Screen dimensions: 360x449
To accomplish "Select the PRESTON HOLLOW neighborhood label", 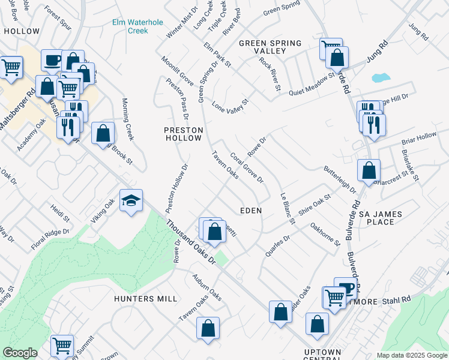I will click(184, 134).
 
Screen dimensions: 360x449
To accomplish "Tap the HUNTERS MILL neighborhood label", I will click(146, 298).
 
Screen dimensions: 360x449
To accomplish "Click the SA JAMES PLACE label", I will click(376, 218).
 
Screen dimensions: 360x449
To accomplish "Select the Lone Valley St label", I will click(230, 106).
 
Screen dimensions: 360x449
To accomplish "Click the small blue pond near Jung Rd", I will click(379, 78).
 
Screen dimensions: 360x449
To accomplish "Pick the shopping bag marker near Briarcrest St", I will click(368, 170).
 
